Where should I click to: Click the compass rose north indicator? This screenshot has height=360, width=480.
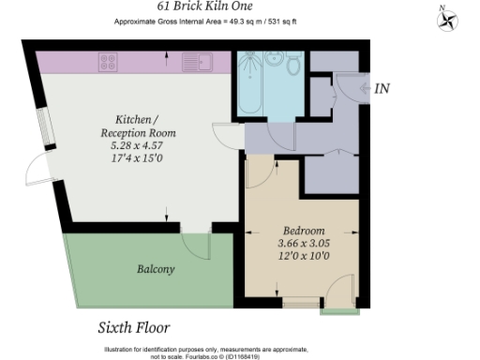(447, 19)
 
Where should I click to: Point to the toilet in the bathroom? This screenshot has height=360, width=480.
(293, 65)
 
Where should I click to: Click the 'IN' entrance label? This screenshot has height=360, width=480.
(382, 89)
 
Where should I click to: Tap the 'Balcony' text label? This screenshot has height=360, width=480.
(156, 269)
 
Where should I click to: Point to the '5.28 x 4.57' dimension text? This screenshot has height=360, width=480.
(144, 145)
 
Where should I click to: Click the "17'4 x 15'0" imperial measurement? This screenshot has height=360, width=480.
(144, 158)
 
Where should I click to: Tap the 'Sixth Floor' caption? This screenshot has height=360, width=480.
(133, 328)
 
